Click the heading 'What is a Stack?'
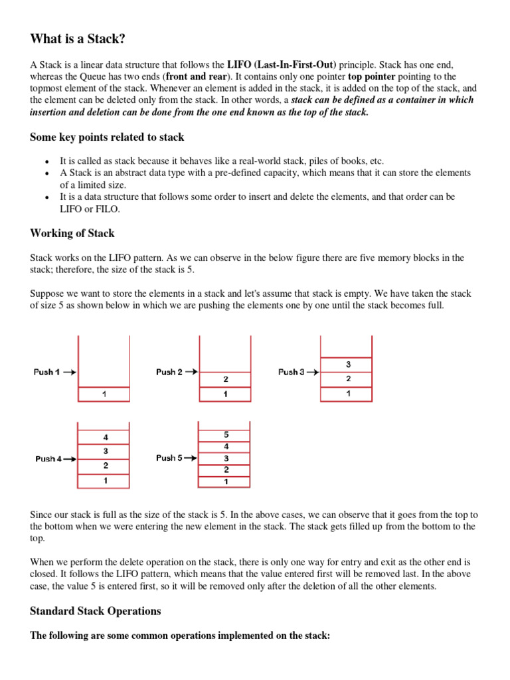[x=78, y=39]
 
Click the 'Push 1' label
[x=47, y=373]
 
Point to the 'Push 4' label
[x=49, y=459]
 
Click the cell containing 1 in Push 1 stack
[x=104, y=394]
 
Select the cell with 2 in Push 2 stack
[x=225, y=379]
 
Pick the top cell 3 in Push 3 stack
[x=346, y=365]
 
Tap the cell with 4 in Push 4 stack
[x=105, y=438]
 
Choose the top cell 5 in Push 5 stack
[x=225, y=434]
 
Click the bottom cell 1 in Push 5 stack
[x=225, y=481]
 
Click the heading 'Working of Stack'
[x=72, y=234]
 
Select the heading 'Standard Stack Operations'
[x=96, y=610]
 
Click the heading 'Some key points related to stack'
[x=107, y=137]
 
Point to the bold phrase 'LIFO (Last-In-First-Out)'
[x=282, y=64]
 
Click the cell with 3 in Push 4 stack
[x=105, y=452]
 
